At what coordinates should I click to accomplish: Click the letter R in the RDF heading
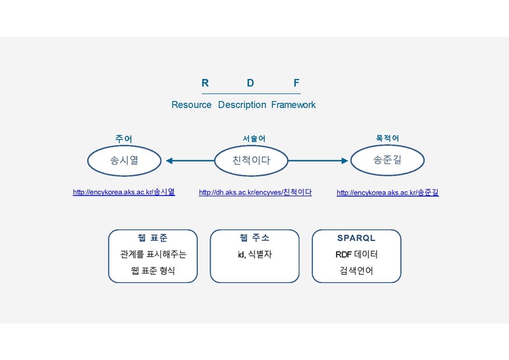tap(205, 83)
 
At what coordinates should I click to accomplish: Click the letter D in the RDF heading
tap(250, 83)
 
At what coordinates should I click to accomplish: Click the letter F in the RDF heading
tap(296, 83)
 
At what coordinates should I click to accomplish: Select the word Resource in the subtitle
tap(192, 105)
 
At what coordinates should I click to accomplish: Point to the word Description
tap(242, 105)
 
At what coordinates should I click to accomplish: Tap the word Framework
tap(293, 105)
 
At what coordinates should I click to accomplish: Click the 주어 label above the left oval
tap(124, 139)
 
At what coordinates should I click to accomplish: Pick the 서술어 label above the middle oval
tap(254, 139)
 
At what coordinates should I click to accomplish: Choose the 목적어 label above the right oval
tap(387, 138)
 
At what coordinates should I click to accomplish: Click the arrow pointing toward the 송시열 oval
tap(190, 161)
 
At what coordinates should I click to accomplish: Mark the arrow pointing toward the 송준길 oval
tap(318, 161)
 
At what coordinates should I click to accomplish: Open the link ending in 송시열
tap(124, 192)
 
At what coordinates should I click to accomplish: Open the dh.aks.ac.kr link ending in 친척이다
tap(256, 193)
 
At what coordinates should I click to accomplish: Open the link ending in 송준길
tap(387, 193)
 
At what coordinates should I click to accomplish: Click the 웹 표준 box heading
tap(153, 238)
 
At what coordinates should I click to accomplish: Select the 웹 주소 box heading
tap(254, 238)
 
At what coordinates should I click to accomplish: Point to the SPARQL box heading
tap(356, 238)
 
